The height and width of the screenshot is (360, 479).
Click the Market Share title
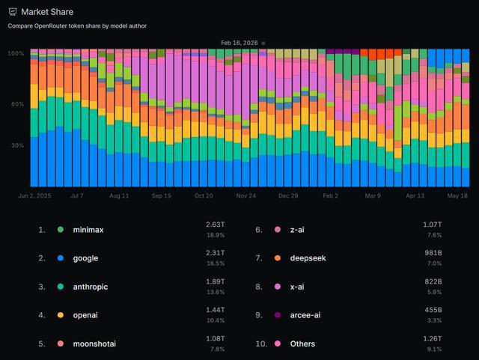click(x=47, y=12)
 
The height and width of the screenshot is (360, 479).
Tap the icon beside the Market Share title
click(x=13, y=12)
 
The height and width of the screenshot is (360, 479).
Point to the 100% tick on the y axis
click(x=16, y=53)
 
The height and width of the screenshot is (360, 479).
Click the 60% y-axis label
click(x=17, y=104)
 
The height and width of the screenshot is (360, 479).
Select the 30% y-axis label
click(x=17, y=145)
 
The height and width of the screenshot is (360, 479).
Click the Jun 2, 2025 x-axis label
click(x=34, y=195)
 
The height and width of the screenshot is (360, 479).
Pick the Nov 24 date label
click(x=246, y=195)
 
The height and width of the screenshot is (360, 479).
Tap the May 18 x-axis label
click(x=457, y=195)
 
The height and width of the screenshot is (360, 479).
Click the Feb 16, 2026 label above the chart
click(x=239, y=43)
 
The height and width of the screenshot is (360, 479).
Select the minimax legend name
click(x=88, y=230)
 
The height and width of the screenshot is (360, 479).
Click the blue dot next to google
click(x=61, y=258)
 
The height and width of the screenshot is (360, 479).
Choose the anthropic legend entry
click(x=90, y=287)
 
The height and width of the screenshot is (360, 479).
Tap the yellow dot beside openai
click(x=61, y=315)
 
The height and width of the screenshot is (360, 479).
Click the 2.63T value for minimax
click(x=215, y=225)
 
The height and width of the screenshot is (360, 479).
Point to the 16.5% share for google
click(x=216, y=263)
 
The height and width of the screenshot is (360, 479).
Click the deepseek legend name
click(x=308, y=258)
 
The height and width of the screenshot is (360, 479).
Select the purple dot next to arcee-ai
click(x=278, y=315)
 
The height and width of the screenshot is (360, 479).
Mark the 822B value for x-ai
click(x=433, y=281)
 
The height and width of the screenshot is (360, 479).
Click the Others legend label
click(x=302, y=344)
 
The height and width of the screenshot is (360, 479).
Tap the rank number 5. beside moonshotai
click(x=42, y=344)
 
